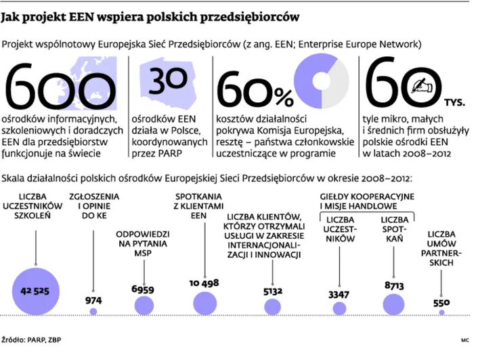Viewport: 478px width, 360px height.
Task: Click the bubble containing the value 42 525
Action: click(x=36, y=291)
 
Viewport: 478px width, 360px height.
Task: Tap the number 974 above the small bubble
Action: click(x=93, y=300)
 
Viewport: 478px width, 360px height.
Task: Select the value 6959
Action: click(x=143, y=290)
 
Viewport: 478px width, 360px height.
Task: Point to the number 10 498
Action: click(x=204, y=284)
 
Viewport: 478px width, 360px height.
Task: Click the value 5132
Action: click(x=273, y=292)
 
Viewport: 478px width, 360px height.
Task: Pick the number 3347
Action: click(x=339, y=295)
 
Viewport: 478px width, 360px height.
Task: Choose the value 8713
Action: click(x=394, y=286)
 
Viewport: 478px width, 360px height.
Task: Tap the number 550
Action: click(x=441, y=302)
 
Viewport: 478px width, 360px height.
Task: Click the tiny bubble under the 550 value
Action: click(x=441, y=312)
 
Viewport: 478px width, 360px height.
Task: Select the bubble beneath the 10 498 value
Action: click(x=205, y=303)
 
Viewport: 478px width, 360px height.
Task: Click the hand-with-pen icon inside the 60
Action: click(x=422, y=86)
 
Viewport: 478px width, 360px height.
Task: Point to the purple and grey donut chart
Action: click(x=322, y=81)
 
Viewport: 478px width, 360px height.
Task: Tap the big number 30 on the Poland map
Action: click(x=168, y=81)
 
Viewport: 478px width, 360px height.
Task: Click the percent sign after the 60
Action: click(x=284, y=97)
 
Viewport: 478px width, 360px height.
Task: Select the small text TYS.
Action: click(x=454, y=102)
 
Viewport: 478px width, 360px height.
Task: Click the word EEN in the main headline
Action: click(x=81, y=18)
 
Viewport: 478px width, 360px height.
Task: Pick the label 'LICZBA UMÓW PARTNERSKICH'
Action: click(x=441, y=248)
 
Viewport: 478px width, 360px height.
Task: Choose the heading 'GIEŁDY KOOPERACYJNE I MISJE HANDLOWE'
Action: click(x=367, y=202)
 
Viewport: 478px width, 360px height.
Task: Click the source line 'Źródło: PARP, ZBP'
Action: click(x=31, y=340)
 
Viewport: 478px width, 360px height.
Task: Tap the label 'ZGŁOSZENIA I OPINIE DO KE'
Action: click(x=94, y=206)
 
